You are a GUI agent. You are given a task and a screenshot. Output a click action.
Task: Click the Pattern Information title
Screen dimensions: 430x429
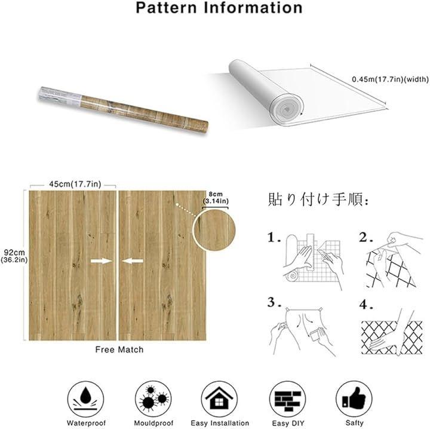tap(219, 8)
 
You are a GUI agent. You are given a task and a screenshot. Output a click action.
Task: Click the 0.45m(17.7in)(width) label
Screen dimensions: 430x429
tap(390, 79)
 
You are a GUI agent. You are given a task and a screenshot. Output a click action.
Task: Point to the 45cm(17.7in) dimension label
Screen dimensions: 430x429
tap(75, 184)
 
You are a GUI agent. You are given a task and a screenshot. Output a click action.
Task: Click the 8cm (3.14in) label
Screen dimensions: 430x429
tap(216, 198)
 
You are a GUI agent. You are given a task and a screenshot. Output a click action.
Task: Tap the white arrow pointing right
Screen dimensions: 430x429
tap(102, 261)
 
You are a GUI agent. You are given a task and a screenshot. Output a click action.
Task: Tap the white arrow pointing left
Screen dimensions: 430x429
tap(133, 261)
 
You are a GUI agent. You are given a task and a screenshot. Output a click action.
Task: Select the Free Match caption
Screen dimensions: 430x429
tap(119, 350)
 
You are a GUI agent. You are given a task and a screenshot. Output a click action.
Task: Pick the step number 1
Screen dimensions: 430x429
tap(274, 238)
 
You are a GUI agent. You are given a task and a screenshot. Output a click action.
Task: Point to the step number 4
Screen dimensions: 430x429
tap(366, 305)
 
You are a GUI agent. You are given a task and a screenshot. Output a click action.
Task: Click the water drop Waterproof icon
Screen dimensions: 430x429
tap(86, 399)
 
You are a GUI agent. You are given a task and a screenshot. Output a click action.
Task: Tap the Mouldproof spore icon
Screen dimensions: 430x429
tap(153, 399)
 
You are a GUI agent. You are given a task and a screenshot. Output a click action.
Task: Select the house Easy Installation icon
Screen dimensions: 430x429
tap(219, 399)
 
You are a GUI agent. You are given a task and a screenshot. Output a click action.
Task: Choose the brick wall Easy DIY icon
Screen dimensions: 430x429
tap(288, 399)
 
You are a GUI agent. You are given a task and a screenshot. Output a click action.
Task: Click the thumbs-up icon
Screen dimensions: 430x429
tap(354, 399)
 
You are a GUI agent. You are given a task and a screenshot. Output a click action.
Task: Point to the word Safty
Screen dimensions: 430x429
tap(354, 423)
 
